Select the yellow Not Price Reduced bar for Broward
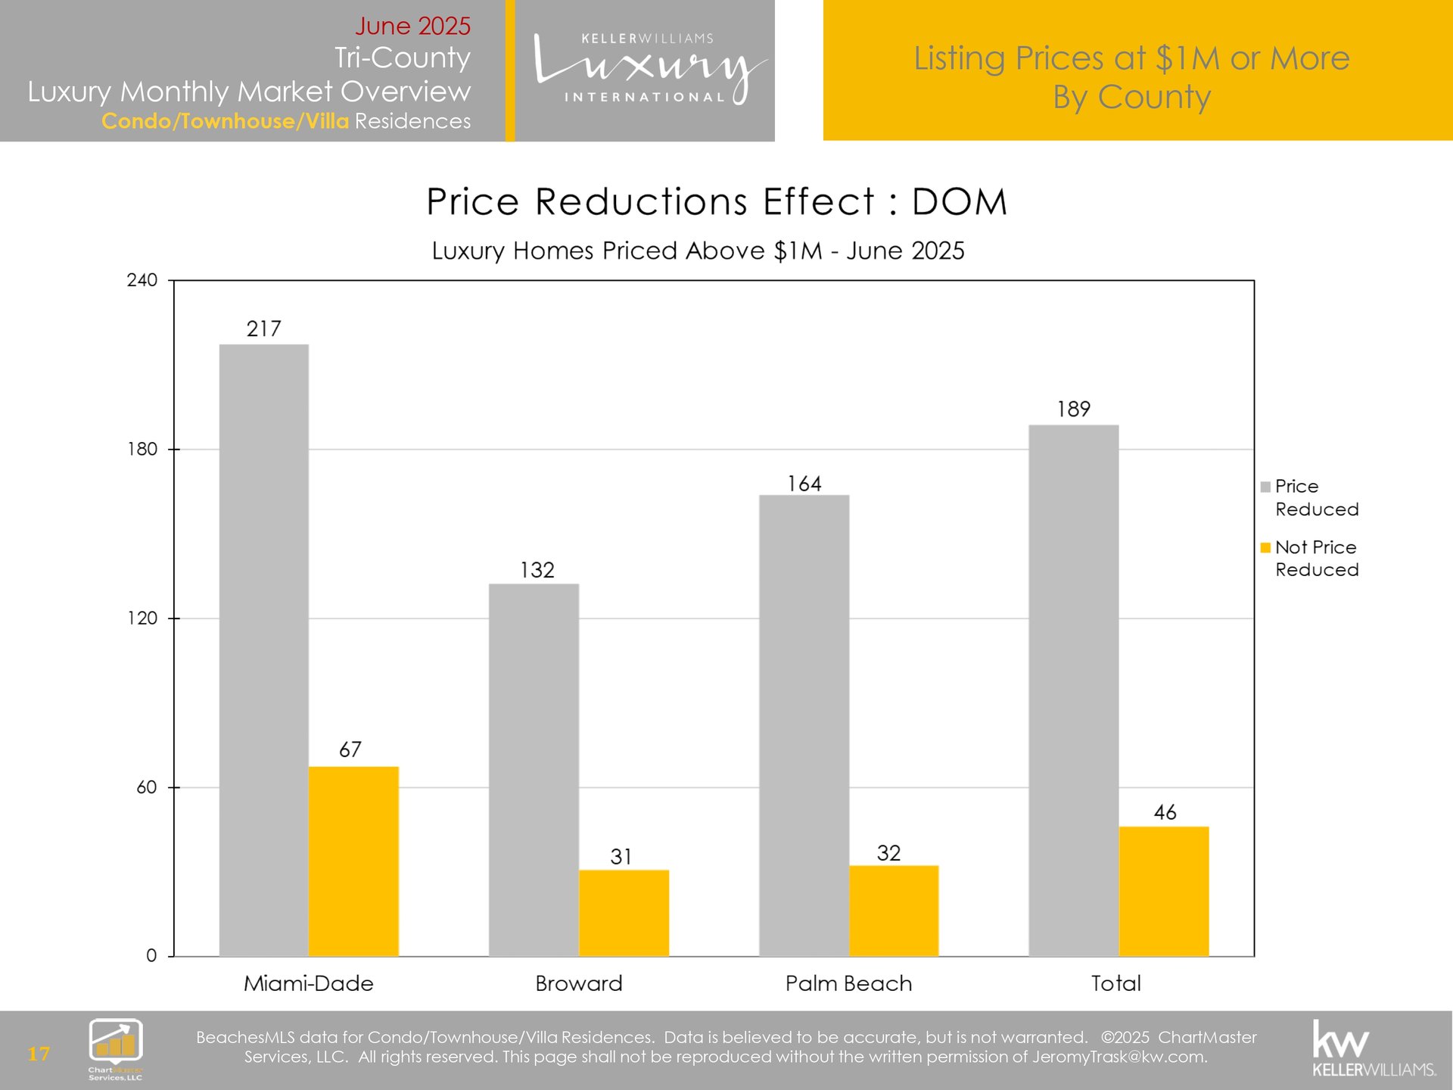pyautogui.click(x=624, y=913)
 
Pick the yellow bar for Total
pyautogui.click(x=1164, y=891)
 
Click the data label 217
pyautogui.click(x=263, y=329)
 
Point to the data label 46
pyautogui.click(x=1165, y=812)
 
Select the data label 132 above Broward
pyautogui.click(x=537, y=570)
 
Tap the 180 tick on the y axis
pyautogui.click(x=142, y=449)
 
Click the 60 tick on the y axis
pyautogui.click(x=147, y=787)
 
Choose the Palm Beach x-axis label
pyautogui.click(x=848, y=983)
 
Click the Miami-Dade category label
pyautogui.click(x=308, y=983)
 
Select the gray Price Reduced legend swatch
pyautogui.click(x=1265, y=487)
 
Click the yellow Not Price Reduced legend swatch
pyautogui.click(x=1265, y=548)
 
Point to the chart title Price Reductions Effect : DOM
pyautogui.click(x=717, y=202)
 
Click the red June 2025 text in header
pyautogui.click(x=412, y=26)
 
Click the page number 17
pyautogui.click(x=39, y=1054)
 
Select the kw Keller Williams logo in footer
pyautogui.click(x=1373, y=1048)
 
